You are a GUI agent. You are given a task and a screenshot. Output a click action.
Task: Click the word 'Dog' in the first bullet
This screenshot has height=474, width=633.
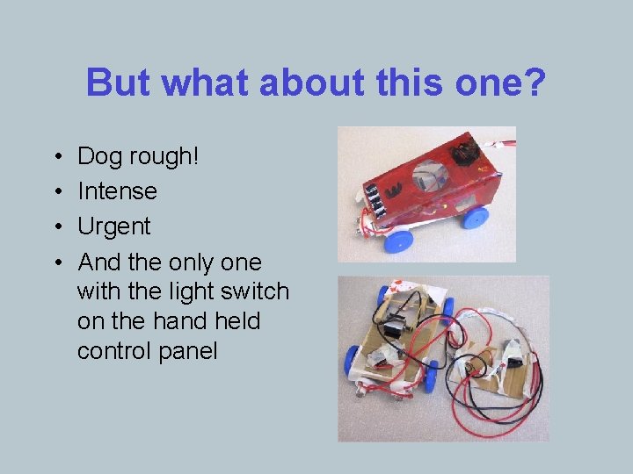tap(99, 157)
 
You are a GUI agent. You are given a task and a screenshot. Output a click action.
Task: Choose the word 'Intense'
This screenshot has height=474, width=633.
tap(117, 191)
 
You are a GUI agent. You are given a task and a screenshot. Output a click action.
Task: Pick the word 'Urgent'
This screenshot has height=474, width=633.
tap(114, 226)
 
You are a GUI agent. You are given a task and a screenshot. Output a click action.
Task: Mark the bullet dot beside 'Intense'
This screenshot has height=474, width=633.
tap(56, 191)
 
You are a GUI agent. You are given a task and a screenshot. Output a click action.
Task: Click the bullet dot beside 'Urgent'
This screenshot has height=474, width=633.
tap(56, 226)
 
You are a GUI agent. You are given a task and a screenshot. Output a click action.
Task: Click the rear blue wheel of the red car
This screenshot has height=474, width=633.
tap(476, 216)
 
